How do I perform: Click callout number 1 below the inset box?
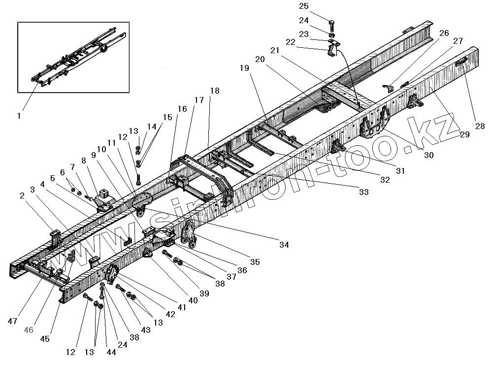tap(19, 116)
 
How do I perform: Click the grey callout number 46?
tap(29, 330)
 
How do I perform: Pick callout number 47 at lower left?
tap(12, 321)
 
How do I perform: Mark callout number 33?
tap(363, 193)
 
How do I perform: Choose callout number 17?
tap(199, 100)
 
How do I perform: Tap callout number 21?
tap(274, 51)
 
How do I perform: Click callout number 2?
tap(22, 196)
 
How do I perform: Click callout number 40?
tap(192, 300)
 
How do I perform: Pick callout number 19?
tap(245, 69)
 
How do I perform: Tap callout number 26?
tap(444, 33)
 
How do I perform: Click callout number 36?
tap(242, 270)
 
